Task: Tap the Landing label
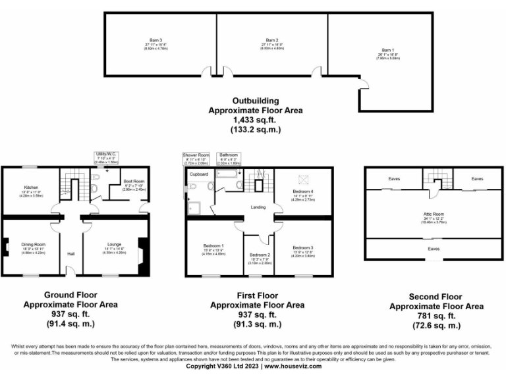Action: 258,207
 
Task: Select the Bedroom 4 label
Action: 303,191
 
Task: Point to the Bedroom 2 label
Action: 260,254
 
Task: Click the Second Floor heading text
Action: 436,297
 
